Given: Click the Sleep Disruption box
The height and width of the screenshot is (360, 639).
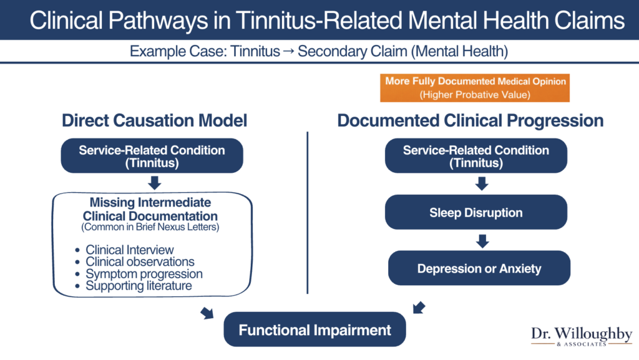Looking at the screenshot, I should (x=476, y=213).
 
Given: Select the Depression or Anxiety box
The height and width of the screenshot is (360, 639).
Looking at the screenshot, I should (x=479, y=269).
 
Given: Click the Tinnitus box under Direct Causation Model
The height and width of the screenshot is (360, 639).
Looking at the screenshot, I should (x=152, y=156).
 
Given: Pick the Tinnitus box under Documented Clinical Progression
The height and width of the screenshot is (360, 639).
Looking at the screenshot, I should (x=476, y=156).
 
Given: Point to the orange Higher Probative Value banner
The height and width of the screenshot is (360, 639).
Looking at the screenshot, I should (x=476, y=88).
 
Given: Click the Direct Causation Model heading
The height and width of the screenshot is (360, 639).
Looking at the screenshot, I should (x=154, y=120).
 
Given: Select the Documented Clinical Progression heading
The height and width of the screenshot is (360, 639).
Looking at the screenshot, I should (x=471, y=120).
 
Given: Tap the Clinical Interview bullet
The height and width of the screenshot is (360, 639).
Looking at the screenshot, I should (x=130, y=250).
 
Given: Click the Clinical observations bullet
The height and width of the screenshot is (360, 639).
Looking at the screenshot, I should (x=140, y=262).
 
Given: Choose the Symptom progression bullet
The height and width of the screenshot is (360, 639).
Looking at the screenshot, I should (x=144, y=274).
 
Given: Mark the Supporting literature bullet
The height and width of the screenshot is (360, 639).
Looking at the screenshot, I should (x=139, y=286).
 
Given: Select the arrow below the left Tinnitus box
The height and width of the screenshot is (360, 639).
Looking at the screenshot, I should (x=155, y=183).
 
